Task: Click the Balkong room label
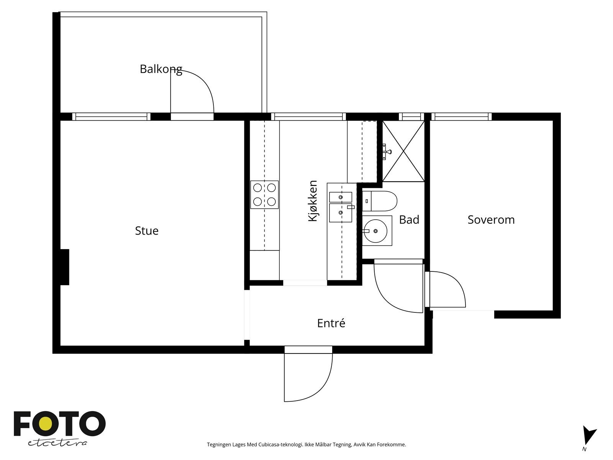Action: (161, 69)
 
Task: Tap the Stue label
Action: (147, 231)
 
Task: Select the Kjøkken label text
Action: (313, 201)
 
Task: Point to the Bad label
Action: (409, 220)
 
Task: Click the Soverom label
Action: (491, 220)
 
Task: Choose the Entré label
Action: (331, 323)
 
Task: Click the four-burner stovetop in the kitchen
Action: (264, 195)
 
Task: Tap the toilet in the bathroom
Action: (380, 201)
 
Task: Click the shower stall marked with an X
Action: (403, 151)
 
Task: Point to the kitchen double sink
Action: (341, 207)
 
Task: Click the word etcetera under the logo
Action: (57, 443)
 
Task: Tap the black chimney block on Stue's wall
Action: (65, 267)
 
